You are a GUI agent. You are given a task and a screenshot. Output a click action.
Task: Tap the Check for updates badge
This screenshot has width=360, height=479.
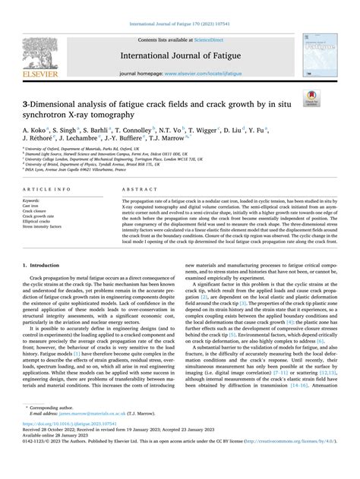(332, 98)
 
